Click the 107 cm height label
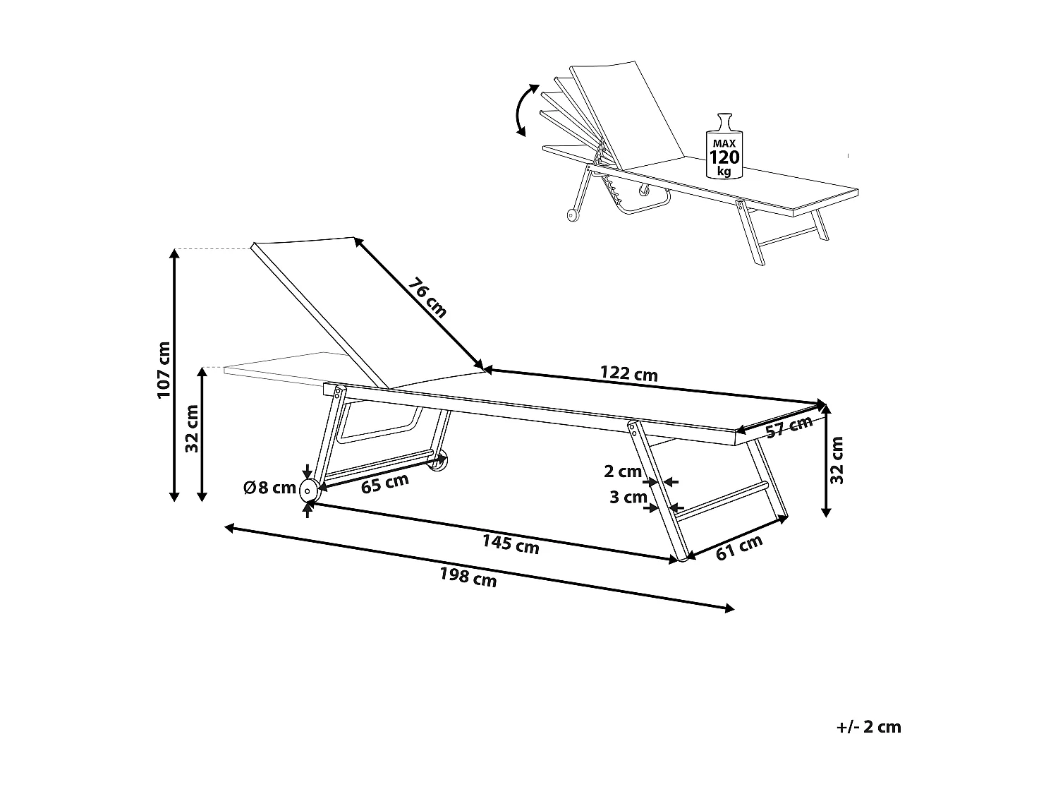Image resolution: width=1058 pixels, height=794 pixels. (164, 370)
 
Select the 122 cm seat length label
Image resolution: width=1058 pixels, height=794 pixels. (628, 373)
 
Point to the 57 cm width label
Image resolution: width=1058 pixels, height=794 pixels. (790, 427)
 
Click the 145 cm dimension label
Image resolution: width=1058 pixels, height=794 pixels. (511, 543)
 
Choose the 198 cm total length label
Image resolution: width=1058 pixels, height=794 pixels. (468, 577)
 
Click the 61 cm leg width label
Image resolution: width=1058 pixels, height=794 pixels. (739, 548)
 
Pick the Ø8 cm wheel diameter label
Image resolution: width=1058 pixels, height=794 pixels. (269, 488)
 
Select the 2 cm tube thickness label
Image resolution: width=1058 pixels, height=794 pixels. (623, 471)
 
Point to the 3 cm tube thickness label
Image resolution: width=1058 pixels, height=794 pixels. (628, 498)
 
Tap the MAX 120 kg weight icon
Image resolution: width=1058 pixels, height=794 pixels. (724, 147)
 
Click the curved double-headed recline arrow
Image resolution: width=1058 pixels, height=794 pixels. (522, 109)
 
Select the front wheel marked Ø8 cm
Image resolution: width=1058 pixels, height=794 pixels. (308, 489)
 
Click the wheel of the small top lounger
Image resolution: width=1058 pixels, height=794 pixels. (571, 215)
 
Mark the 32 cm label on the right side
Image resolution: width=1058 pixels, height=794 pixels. (837, 460)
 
